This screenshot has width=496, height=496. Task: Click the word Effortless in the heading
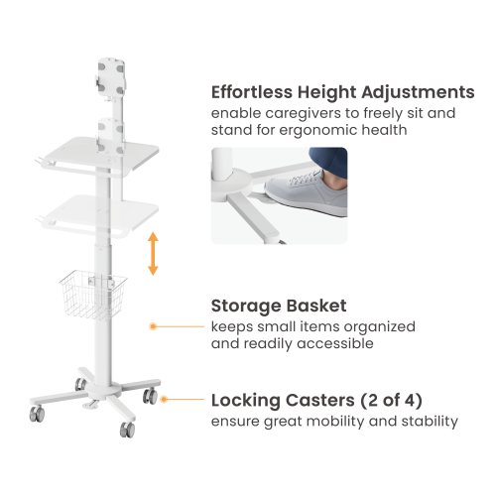252,92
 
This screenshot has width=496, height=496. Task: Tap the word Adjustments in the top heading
418,92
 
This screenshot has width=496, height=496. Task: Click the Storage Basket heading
279,307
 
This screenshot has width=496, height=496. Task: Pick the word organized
379,327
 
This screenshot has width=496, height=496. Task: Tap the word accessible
335,343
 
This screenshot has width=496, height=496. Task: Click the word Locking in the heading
246,401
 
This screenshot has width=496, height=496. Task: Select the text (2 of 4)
391,401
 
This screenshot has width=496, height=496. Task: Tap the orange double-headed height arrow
153,254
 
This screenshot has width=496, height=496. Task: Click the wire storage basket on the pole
93,296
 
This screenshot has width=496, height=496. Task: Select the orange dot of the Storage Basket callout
153,326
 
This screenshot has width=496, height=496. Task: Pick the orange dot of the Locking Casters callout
164,400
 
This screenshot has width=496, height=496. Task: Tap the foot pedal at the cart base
90,404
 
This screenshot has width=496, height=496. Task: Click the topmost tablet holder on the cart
111,78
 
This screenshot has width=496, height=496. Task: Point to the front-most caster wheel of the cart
127,430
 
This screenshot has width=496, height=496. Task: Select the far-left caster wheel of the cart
37,414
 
